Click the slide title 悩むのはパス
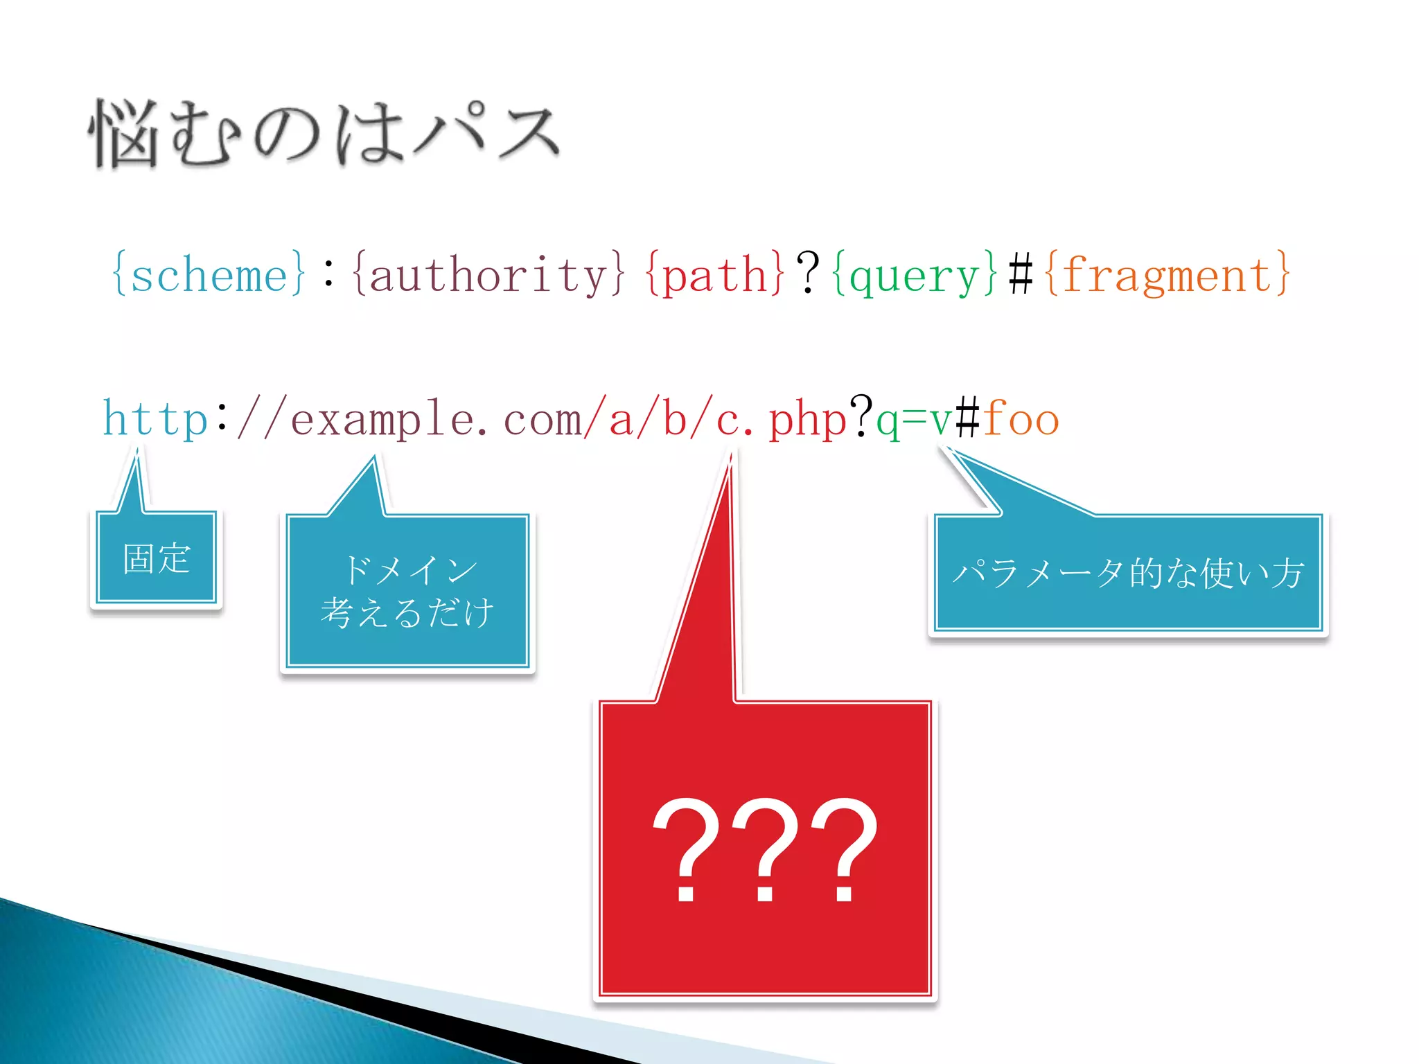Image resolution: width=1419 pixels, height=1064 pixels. pyautogui.click(x=324, y=134)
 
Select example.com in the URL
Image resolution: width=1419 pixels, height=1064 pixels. pyautogui.click(x=437, y=419)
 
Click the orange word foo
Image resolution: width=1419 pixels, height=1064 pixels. pyautogui.click(x=1021, y=419)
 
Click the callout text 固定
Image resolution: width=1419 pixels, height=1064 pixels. pyautogui.click(x=157, y=558)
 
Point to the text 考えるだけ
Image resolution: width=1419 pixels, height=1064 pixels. pyautogui.click(x=407, y=612)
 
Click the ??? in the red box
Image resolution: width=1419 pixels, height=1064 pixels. pyautogui.click(x=765, y=849)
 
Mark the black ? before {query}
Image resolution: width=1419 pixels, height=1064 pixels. pyautogui.click(x=808, y=274)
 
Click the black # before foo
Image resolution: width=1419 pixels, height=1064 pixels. pyautogui.click(x=968, y=419)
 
